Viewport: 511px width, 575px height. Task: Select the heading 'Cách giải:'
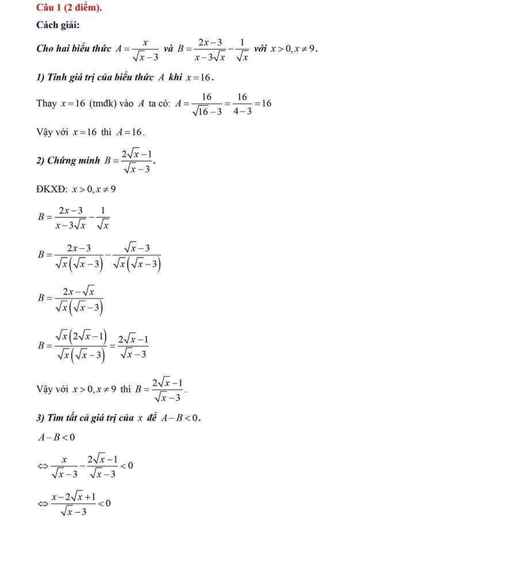[x=57, y=25]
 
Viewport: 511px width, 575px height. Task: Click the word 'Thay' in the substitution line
[x=47, y=103]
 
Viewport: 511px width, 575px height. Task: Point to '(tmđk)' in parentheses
[x=103, y=103]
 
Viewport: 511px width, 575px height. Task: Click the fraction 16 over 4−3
[x=241, y=103]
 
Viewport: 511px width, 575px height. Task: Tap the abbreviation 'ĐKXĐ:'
[x=52, y=189]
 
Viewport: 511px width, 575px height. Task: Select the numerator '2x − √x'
[x=79, y=292]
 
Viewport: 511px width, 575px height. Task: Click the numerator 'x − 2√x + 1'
[x=73, y=496]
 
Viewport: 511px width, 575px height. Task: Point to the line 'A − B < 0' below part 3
[x=56, y=438]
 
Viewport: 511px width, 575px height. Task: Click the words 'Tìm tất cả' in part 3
[x=89, y=418]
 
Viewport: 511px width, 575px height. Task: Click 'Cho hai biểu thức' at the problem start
[x=74, y=49]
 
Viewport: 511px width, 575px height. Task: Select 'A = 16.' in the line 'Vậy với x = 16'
[x=130, y=132]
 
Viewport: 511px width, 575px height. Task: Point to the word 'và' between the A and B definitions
[x=168, y=49]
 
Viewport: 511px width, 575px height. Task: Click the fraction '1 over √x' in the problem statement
[x=242, y=49]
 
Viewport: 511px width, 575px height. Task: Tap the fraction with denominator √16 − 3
[x=207, y=103]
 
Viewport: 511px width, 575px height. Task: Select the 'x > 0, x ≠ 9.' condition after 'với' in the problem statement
[x=294, y=49]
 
